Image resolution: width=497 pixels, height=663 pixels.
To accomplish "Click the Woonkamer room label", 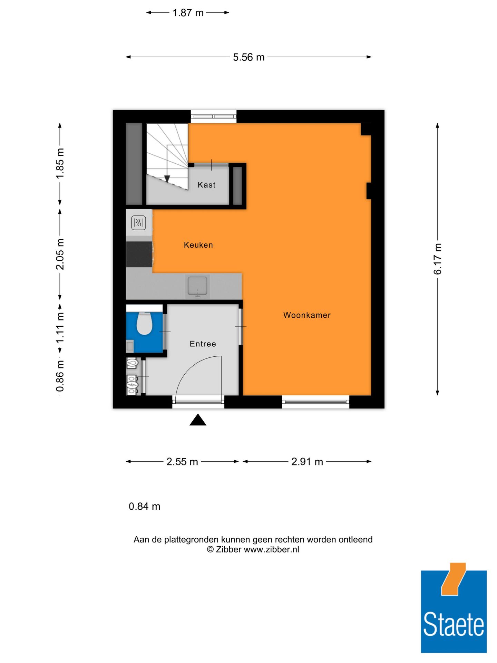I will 307,315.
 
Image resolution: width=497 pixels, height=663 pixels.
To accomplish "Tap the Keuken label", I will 198,245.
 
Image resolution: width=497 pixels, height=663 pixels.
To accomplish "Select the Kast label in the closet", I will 206,185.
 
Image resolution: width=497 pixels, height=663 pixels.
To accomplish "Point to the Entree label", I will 203,344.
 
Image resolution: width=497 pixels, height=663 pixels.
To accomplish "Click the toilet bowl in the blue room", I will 144,324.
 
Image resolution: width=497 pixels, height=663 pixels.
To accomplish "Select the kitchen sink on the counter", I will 197,286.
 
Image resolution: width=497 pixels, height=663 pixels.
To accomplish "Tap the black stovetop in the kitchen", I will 139,254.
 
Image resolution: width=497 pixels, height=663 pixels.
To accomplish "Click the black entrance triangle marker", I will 198,420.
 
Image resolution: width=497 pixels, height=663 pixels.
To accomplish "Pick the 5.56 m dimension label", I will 248,57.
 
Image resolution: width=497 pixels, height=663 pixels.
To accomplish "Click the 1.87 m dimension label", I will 188,13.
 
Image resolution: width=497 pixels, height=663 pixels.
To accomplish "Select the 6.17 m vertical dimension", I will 437,259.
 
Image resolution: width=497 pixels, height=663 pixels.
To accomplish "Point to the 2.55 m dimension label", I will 182,462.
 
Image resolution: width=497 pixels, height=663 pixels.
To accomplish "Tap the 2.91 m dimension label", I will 307,462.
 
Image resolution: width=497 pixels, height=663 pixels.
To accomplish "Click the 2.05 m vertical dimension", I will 60,254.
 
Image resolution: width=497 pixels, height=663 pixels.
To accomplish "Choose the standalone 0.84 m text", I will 144,506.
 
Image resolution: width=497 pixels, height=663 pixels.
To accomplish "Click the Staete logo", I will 454,611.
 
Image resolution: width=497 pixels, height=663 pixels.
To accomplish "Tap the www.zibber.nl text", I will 271,549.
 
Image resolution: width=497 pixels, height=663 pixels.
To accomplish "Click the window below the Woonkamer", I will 315,402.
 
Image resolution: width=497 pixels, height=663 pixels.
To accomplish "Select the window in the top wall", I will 214,116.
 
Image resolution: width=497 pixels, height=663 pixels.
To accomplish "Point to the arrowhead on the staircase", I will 167,179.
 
